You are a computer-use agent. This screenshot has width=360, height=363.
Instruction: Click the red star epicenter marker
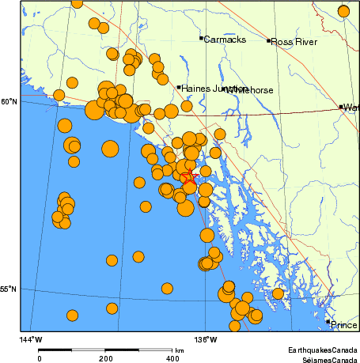[189, 178]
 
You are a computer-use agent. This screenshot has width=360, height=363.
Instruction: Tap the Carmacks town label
[225, 40]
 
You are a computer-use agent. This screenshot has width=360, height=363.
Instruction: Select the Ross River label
[294, 42]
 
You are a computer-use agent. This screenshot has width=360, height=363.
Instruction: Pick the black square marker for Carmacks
[201, 38]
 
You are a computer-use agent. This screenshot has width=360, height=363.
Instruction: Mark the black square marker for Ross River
[269, 40]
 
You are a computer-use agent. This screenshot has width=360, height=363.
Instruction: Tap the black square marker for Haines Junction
[180, 87]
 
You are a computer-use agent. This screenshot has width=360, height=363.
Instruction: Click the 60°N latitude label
[8, 101]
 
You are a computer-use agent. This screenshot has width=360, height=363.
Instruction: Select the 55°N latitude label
[8, 289]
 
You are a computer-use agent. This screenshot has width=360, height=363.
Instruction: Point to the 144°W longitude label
[31, 339]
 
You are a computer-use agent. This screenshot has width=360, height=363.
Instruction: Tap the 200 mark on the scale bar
[105, 357]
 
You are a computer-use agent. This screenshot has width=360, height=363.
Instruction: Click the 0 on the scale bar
[39, 357]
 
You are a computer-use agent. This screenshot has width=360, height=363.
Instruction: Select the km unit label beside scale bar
[180, 350]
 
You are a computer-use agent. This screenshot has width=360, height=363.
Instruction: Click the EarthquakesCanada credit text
[322, 349]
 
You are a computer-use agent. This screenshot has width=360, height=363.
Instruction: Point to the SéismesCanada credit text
[324, 357]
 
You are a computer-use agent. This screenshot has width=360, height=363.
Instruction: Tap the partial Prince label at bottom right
[344, 325]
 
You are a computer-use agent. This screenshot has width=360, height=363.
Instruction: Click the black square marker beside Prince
[328, 322]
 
